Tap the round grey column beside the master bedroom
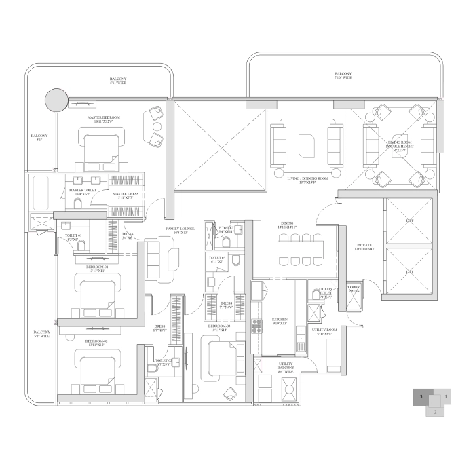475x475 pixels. (56, 101)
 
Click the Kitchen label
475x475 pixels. (280, 321)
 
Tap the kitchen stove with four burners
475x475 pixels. (256, 326)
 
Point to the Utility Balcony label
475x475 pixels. (284, 366)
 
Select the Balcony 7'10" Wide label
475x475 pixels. (343, 75)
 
